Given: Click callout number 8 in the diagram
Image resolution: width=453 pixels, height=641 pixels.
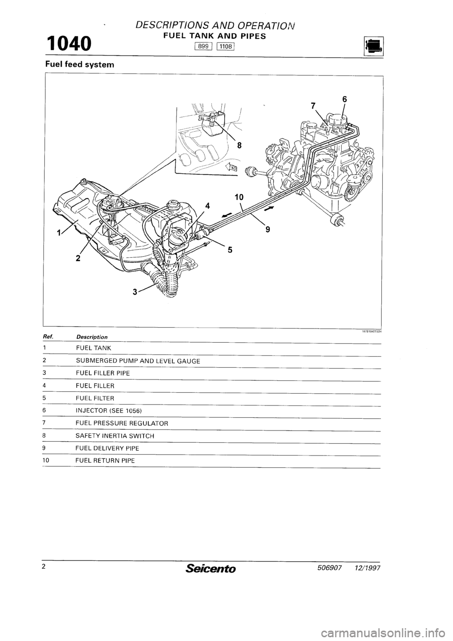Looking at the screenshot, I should click(x=239, y=146).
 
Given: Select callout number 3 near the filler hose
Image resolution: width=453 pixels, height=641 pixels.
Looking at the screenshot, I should click(x=136, y=292).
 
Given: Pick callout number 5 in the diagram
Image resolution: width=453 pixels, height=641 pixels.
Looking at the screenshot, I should click(x=229, y=251).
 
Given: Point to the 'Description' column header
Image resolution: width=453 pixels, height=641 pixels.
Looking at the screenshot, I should click(x=92, y=337).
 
